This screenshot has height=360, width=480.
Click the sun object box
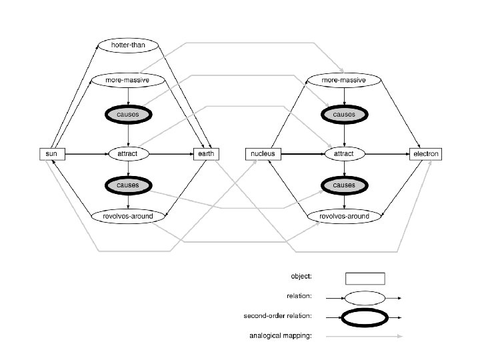point(51,154)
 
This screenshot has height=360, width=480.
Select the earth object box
point(203,154)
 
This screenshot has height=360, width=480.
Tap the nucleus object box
point(263,154)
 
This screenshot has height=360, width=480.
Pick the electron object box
point(426,154)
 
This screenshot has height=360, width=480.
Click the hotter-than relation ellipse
point(127,45)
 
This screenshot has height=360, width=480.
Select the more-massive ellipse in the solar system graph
point(127,80)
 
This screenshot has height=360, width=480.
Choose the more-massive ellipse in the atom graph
point(343,80)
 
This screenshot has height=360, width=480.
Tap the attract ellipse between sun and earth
point(127,154)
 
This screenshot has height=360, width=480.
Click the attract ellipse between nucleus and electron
point(344,154)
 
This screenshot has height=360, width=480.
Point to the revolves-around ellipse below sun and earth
point(127,215)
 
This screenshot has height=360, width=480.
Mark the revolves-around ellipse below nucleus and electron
point(344,215)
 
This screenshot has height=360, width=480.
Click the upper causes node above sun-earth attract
point(127,115)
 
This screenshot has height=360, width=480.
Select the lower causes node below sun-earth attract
point(127,184)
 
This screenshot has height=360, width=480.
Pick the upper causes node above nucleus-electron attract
point(344,115)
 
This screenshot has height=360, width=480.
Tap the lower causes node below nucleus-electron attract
point(344,184)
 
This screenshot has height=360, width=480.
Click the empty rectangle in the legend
point(365,278)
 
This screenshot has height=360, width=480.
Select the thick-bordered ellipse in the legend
point(365,318)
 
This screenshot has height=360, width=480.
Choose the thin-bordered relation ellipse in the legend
point(365,298)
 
